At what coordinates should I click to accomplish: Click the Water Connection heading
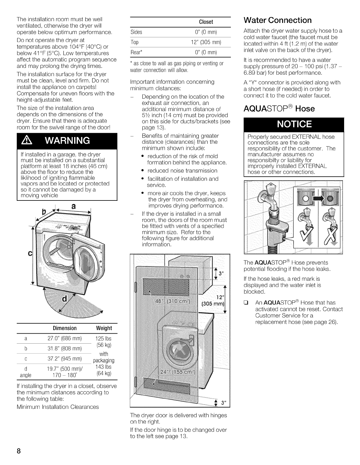(x=278, y=20)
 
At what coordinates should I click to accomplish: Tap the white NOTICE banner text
(x=294, y=124)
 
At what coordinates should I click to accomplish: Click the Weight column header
(x=104, y=328)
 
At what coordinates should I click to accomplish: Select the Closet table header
(x=206, y=22)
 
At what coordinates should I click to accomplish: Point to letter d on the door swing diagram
(x=64, y=299)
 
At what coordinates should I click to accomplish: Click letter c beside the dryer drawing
(x=30, y=254)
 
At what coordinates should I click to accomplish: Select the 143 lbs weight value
(x=104, y=367)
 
